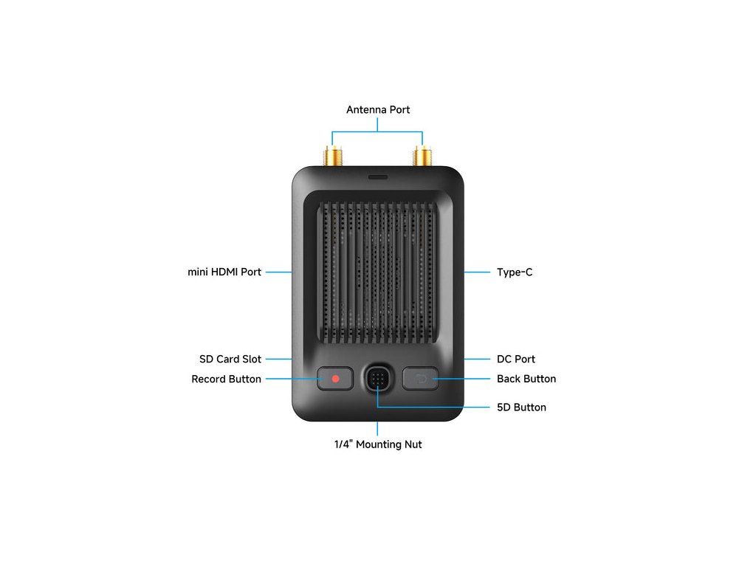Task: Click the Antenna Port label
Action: (x=378, y=110)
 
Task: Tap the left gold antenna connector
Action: (x=333, y=156)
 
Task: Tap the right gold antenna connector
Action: (x=422, y=156)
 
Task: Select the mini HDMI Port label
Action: (x=224, y=272)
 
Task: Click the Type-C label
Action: (x=515, y=272)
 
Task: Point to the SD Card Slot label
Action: (x=230, y=360)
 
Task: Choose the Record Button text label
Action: (x=226, y=379)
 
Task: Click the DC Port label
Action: (x=516, y=360)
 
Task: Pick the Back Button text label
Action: (x=526, y=379)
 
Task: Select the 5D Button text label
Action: (x=521, y=408)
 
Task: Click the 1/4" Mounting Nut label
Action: (x=378, y=444)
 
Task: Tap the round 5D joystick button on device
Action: (x=377, y=379)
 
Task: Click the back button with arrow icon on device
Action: (x=420, y=379)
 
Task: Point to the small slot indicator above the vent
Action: (x=377, y=177)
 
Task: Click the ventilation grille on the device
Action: (x=377, y=272)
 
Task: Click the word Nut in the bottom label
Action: (x=413, y=444)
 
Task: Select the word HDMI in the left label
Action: (x=224, y=272)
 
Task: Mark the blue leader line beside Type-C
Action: (x=477, y=272)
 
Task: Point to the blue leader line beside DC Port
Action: (x=477, y=360)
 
